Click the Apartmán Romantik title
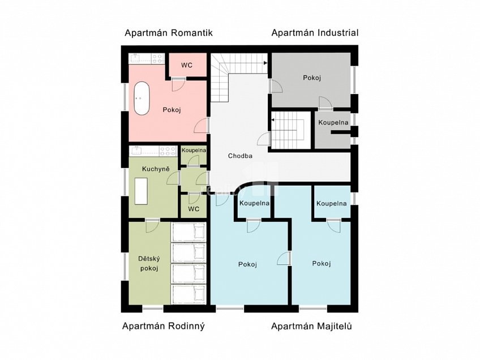pos(168,33)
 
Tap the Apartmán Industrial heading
pos(315,33)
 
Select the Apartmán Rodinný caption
pos(164,327)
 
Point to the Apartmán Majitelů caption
pos(312,327)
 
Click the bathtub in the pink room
pos(142,98)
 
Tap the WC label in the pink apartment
pos(187,65)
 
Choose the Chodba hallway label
pos(241,156)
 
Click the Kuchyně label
pos(156,169)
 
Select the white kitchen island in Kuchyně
pos(141,191)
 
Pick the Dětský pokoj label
pos(149,264)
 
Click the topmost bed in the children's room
pos(188,232)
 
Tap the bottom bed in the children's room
pos(188,294)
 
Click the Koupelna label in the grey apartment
pos(333,123)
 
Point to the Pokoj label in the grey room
pos(312,78)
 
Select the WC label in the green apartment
pos(194,209)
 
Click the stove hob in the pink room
pos(158,58)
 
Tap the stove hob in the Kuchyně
pos(168,151)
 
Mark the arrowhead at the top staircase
pos(265,63)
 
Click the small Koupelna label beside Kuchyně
pos(194,151)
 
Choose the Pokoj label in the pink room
pos(172,110)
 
